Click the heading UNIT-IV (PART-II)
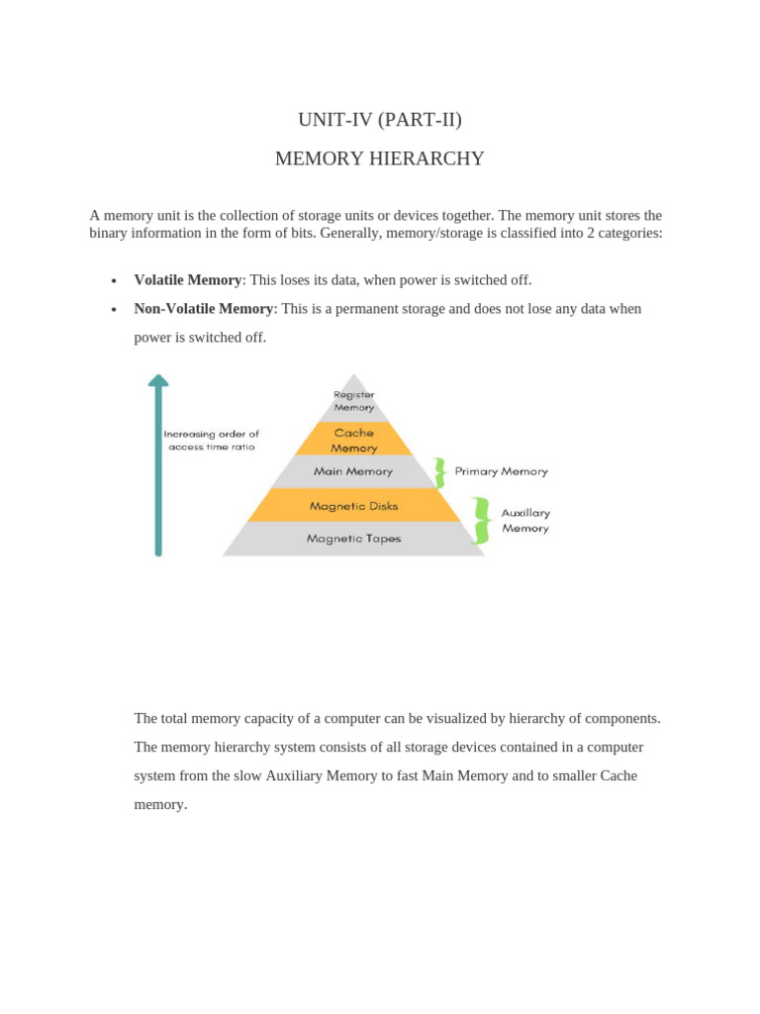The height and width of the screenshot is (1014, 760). tap(379, 120)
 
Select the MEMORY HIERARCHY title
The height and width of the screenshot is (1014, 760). tap(379, 158)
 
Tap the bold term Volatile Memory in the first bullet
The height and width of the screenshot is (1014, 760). tap(188, 280)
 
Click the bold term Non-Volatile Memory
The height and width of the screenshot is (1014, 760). tap(203, 309)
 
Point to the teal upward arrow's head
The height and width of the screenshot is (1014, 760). tap(158, 379)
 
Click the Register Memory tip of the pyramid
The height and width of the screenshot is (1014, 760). tap(353, 400)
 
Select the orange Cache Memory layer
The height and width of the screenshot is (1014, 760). tap(353, 440)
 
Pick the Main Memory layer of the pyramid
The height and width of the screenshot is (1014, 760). tap(353, 471)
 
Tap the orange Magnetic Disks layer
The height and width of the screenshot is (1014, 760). tap(353, 506)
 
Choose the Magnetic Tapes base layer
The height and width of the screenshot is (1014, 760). tap(353, 539)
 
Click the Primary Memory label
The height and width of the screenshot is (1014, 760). tap(501, 471)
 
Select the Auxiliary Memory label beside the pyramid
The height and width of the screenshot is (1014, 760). tap(525, 521)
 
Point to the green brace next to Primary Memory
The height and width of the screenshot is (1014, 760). tap(438, 472)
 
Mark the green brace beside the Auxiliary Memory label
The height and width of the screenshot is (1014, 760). tap(481, 521)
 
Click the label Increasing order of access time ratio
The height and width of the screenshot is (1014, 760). tap(211, 440)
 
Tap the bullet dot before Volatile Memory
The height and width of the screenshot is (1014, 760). tap(115, 281)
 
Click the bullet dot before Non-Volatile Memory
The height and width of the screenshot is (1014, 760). tap(115, 310)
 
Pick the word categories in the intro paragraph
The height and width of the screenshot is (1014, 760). tap(625, 234)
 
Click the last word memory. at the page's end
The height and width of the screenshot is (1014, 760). tap(160, 804)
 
